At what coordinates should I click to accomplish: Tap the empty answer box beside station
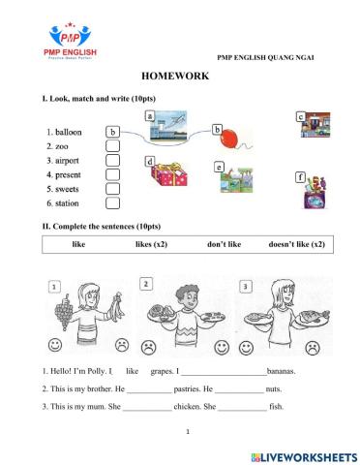pos(113,203)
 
